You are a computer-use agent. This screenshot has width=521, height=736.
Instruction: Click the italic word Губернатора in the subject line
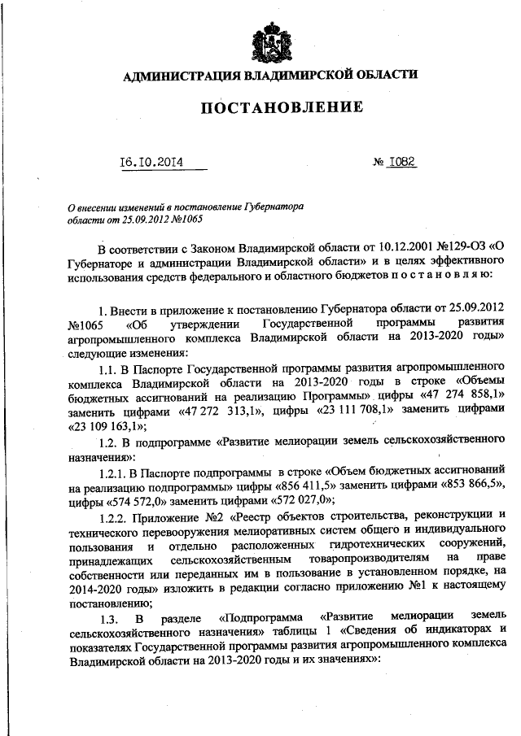(x=274, y=207)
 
